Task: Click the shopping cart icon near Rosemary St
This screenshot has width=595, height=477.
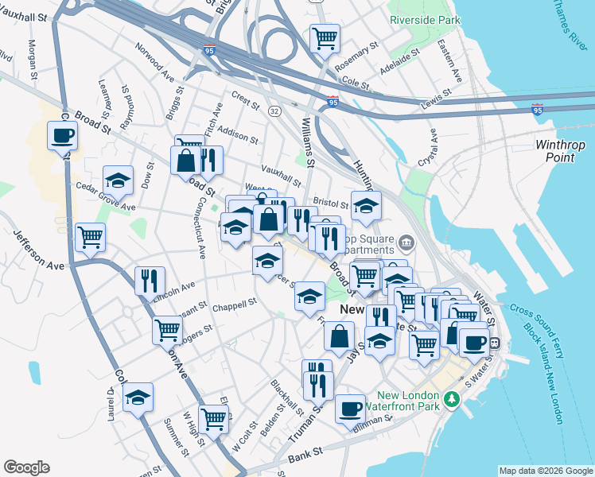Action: click(324, 37)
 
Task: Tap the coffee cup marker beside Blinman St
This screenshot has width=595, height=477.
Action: click(350, 409)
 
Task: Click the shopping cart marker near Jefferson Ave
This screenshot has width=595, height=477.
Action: click(90, 236)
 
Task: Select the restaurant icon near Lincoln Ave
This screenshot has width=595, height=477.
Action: click(150, 280)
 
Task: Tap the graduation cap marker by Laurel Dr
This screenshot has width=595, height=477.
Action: click(138, 397)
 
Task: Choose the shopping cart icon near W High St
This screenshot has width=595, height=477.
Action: click(214, 417)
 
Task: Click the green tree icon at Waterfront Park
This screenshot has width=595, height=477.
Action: click(453, 397)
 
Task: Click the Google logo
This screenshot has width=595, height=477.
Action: click(26, 467)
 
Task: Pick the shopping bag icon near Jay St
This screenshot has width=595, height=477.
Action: click(339, 335)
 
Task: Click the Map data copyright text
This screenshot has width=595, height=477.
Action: click(545, 471)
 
